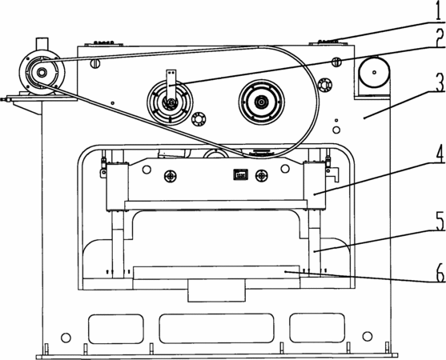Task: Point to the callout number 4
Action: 438,154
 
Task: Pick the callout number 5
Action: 439,221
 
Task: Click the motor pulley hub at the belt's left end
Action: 42,73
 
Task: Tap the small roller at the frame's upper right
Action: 374,73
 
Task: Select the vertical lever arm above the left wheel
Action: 171,86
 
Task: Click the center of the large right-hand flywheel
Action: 261,102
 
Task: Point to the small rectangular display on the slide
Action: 241,174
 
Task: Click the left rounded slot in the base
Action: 116,329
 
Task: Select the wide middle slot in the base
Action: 216,329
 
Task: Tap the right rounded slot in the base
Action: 317,328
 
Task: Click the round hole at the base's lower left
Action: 66,338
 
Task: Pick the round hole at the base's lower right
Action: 368,336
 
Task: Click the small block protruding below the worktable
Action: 216,290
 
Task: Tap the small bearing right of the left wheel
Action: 198,119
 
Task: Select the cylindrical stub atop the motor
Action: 42,44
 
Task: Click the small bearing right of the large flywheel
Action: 325,85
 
